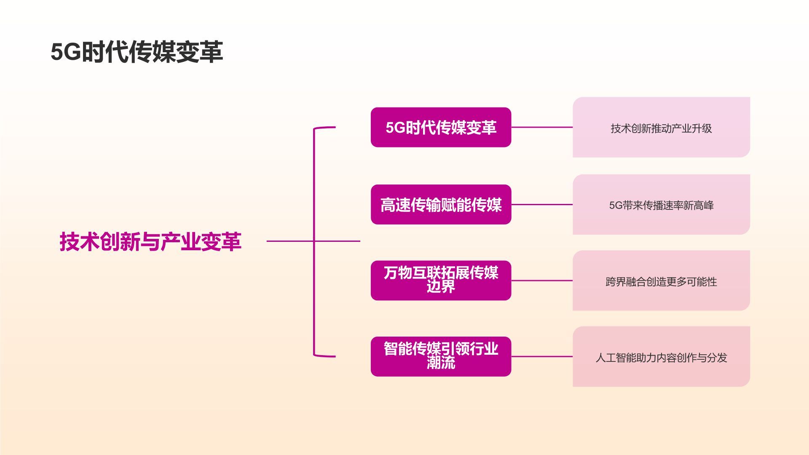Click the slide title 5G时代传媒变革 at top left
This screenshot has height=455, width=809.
tap(137, 52)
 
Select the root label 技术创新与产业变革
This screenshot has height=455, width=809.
tap(150, 242)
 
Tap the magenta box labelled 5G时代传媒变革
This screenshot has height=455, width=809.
tap(441, 127)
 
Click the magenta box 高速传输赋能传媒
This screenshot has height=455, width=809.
tap(441, 205)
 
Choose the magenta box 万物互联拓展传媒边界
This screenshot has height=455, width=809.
tap(441, 280)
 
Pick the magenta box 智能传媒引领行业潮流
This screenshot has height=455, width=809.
tap(441, 356)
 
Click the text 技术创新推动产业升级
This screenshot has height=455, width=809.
tap(661, 128)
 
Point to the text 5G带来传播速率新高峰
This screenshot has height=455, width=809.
tap(661, 206)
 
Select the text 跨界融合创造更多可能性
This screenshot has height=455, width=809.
tap(661, 282)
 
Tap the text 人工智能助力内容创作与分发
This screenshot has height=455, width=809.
tap(661, 358)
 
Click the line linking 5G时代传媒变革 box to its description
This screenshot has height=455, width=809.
tap(542, 127)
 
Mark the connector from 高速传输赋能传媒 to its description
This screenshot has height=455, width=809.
tap(542, 205)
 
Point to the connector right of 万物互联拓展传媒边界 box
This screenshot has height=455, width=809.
tap(542, 281)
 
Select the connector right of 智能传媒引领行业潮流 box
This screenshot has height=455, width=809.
tap(542, 356)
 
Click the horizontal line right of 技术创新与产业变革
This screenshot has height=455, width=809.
tap(291, 241)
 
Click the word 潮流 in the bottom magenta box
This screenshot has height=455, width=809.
tap(441, 363)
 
